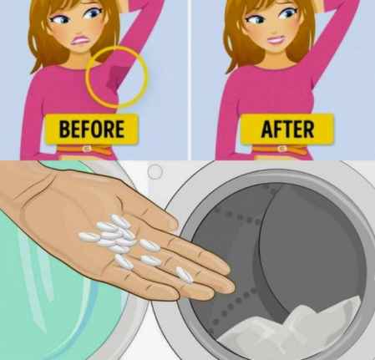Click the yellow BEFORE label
pyautogui.click(x=92, y=129)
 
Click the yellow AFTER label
pyautogui.click(x=287, y=129)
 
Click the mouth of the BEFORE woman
pyautogui.click(x=80, y=41)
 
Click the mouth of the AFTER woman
pyautogui.click(x=276, y=41)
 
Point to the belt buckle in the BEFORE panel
pyautogui.click(x=87, y=149)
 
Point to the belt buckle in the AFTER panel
pyautogui.click(x=281, y=149)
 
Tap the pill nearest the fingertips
pyautogui.click(x=184, y=275)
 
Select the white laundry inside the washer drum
pyautogui.click(x=292, y=328)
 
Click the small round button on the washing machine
pyautogui.click(x=155, y=171)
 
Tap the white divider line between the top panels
pyautogui.click(x=190, y=80)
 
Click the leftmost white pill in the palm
pyautogui.click(x=89, y=237)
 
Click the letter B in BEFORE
pyautogui.click(x=64, y=129)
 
